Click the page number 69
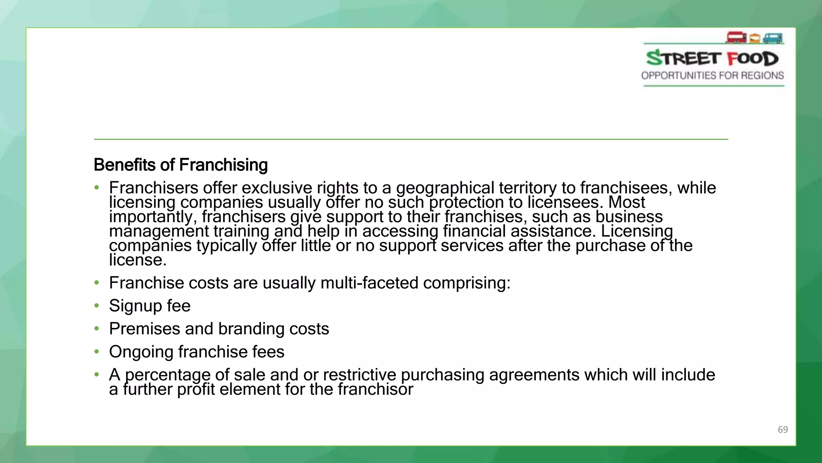(783, 429)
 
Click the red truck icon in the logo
(736, 38)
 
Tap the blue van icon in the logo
(773, 38)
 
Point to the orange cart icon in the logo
(755, 39)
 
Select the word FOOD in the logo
(753, 59)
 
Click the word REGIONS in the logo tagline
(763, 76)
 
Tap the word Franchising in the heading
(223, 165)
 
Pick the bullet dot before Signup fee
(96, 306)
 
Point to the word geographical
(445, 188)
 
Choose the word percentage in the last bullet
(168, 375)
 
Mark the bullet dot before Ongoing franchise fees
(96, 352)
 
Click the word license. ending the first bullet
(138, 260)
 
